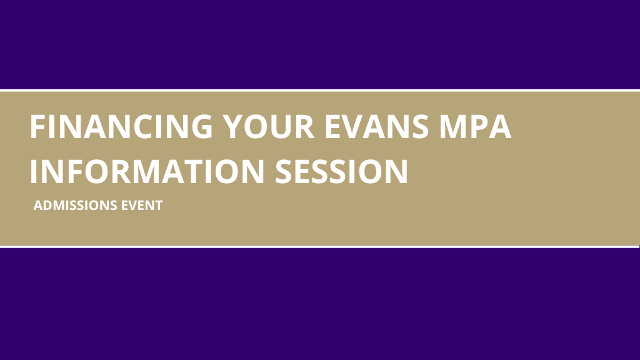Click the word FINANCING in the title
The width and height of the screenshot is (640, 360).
tap(121, 126)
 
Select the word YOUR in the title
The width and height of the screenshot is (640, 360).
tap(268, 126)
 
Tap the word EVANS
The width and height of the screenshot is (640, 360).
tap(377, 126)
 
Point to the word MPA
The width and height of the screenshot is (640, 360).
tap(475, 126)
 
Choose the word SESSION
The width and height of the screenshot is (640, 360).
tap(342, 171)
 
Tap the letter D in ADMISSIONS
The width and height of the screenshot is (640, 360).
tap(49, 205)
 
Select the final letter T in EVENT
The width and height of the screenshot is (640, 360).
tap(158, 205)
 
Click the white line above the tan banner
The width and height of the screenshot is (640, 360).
tap(320, 90)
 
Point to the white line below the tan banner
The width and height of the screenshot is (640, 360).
tap(320, 246)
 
